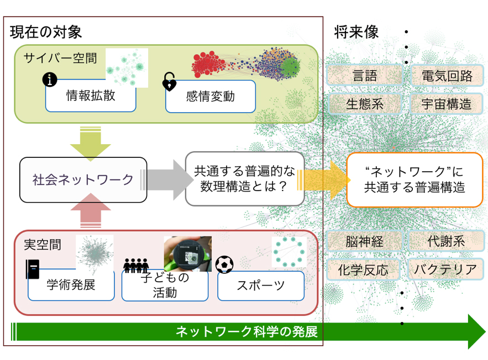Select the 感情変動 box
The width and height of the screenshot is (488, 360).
210,97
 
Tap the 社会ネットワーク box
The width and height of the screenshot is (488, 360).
83,179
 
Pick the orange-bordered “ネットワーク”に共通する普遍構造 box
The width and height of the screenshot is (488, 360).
414,179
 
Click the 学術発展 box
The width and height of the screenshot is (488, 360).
71,285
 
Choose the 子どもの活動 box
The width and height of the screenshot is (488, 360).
165,286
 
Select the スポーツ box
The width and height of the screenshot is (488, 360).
261,285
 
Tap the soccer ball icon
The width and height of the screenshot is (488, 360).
224,264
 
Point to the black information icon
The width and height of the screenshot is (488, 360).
50,81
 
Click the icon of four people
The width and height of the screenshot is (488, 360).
136,266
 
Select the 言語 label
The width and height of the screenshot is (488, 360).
364,76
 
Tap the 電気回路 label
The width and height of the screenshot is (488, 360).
447,76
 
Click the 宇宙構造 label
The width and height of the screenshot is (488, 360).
447,103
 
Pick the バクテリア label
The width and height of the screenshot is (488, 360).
445,269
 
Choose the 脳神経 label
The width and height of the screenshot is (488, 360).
364,241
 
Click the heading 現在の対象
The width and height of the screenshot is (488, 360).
46,31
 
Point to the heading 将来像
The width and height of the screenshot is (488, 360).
356,32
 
